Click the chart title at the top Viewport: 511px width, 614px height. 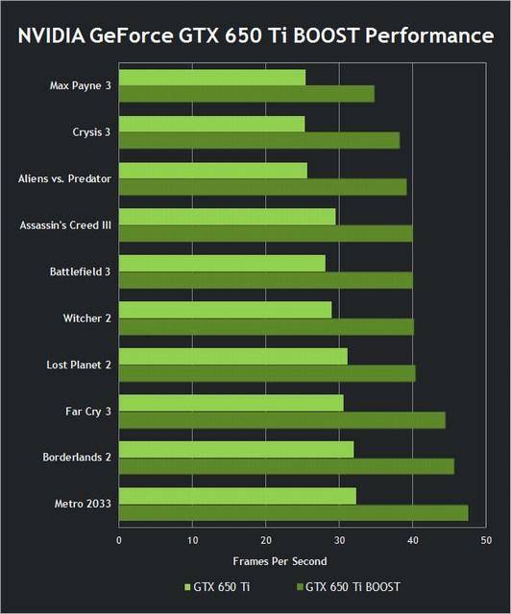click(255, 36)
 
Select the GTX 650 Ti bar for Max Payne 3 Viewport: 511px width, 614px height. click(212, 77)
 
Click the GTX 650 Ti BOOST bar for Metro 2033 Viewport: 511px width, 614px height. click(293, 512)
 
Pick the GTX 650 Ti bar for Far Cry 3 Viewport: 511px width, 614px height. click(231, 403)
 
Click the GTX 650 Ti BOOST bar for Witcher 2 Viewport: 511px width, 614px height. click(266, 326)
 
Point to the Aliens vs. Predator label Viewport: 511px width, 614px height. click(64, 178)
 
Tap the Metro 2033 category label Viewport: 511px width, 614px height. click(81, 504)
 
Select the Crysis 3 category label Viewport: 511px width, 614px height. click(91, 132)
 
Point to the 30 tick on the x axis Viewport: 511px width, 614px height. click(339, 540)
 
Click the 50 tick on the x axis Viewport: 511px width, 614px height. click(486, 540)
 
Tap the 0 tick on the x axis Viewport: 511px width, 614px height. click(119, 540)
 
